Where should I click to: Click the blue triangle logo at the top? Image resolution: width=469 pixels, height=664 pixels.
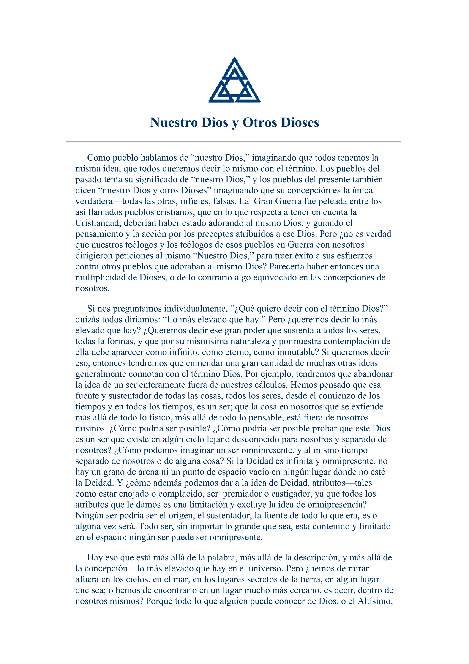pyautogui.click(x=234, y=80)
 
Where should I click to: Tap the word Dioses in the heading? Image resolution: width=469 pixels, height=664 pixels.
pyautogui.click(x=300, y=122)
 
